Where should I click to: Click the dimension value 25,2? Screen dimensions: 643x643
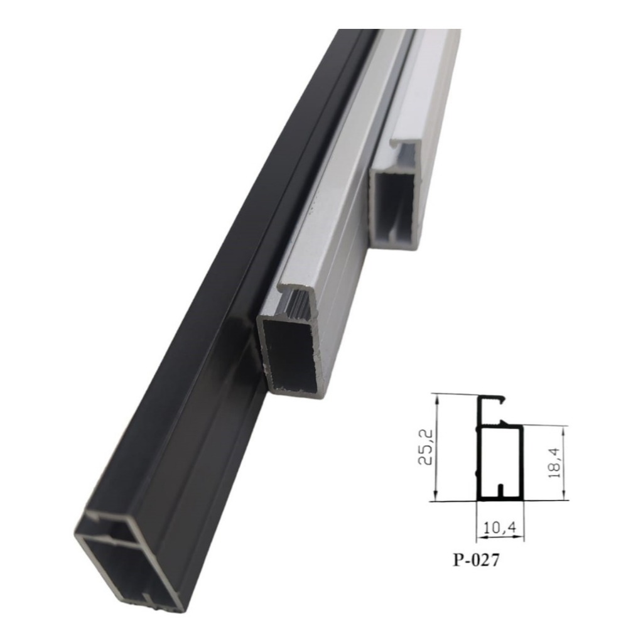[425, 448]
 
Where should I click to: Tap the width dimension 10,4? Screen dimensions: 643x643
[500, 529]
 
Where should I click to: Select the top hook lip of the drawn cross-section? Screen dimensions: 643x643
[493, 398]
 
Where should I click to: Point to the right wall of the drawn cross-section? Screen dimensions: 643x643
[521, 463]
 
